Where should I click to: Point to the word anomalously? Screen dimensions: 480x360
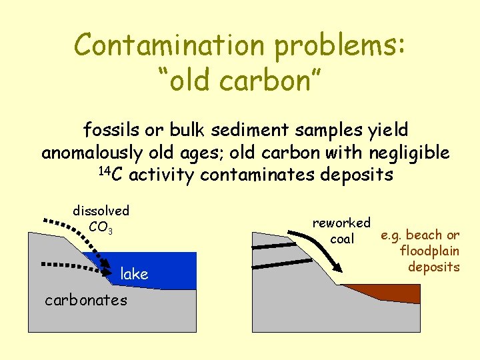click(x=91, y=153)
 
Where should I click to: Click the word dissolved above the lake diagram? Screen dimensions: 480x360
click(x=101, y=211)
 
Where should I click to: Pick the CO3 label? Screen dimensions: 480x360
click(x=101, y=227)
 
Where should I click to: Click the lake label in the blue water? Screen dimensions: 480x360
click(x=134, y=273)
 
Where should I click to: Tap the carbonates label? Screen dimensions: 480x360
click(x=85, y=300)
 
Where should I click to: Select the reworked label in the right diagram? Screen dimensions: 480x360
click(x=341, y=223)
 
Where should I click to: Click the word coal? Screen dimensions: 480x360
click(x=342, y=239)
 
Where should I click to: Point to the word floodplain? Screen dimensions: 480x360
click(x=429, y=251)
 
